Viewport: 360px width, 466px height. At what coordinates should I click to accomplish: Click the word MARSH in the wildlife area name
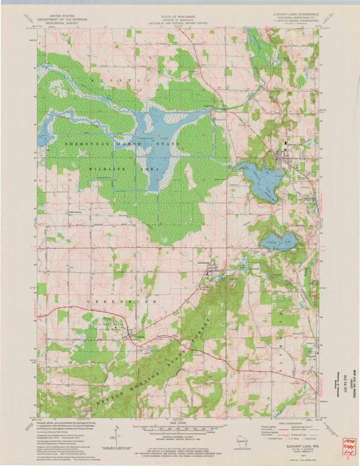pyautogui.click(x=126, y=144)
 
